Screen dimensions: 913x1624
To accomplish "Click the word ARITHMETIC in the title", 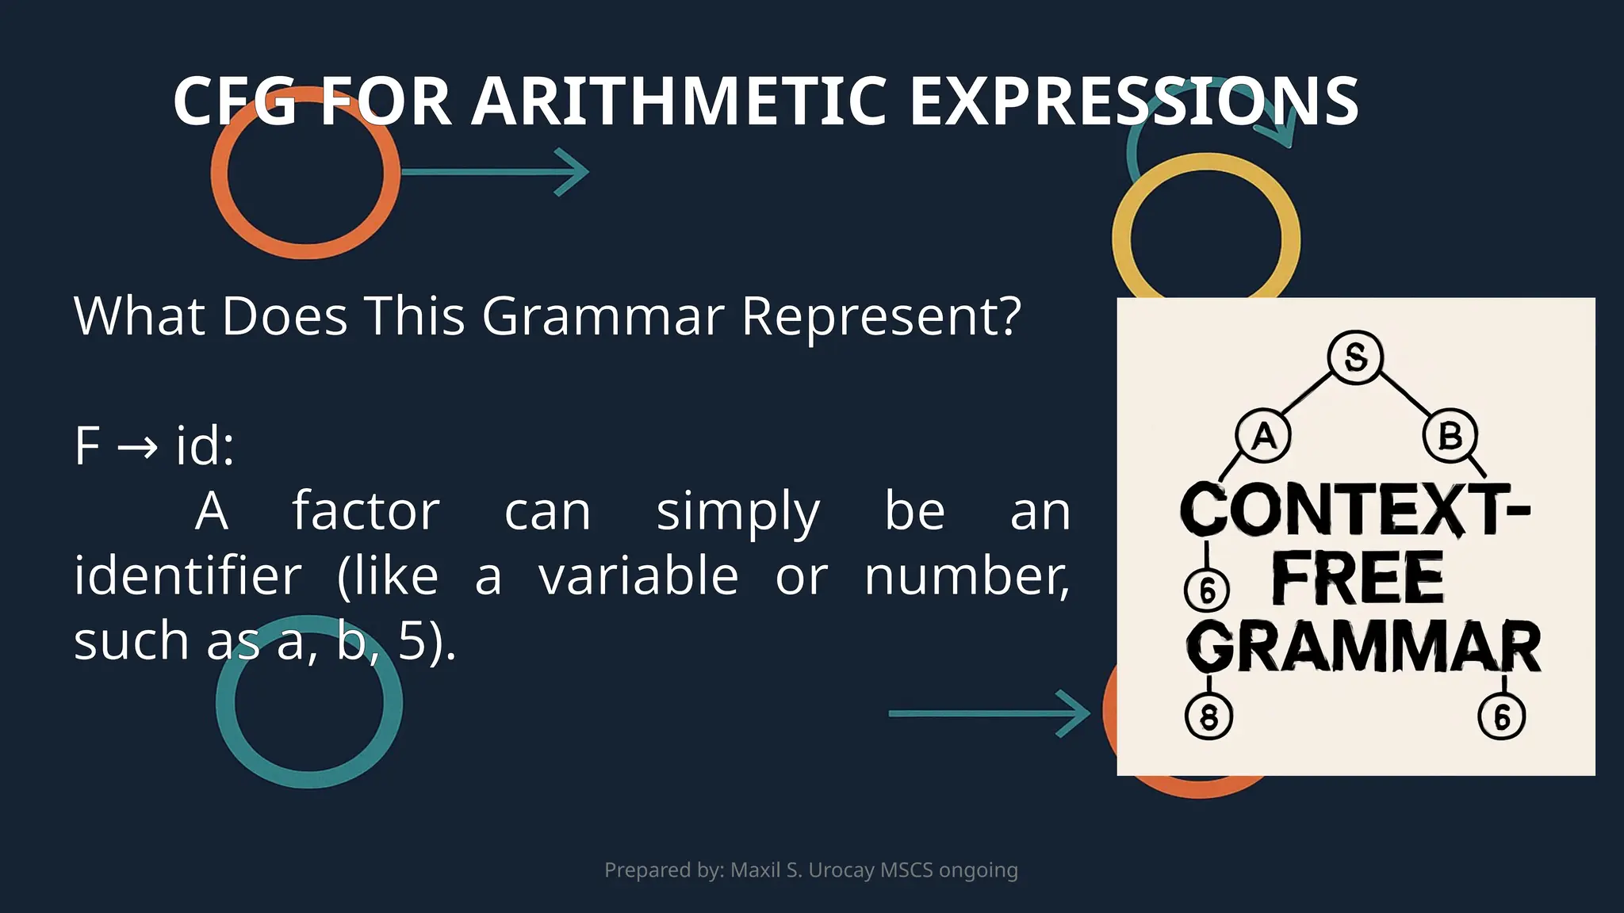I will click(x=678, y=101).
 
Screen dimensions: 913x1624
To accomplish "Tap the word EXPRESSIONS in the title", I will click(x=1134, y=101).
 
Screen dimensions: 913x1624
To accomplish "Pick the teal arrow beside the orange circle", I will click(x=495, y=171).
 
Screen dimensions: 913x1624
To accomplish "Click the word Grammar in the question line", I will click(x=603, y=316).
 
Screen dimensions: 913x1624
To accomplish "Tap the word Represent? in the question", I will click(x=881, y=316).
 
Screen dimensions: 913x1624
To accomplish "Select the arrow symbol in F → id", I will click(x=137, y=447).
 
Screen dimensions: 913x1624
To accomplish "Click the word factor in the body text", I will click(x=366, y=511).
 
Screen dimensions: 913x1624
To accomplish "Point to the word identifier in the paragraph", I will click(x=188, y=576).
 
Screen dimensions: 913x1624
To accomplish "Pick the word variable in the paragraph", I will click(x=638, y=576).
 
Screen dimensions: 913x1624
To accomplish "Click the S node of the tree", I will click(x=1355, y=357).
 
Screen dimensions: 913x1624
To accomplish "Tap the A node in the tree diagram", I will click(x=1263, y=436).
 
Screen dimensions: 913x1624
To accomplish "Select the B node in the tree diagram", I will click(x=1450, y=436).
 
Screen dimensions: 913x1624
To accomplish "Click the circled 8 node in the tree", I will click(x=1208, y=716).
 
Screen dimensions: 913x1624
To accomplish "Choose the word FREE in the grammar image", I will click(x=1358, y=579).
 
